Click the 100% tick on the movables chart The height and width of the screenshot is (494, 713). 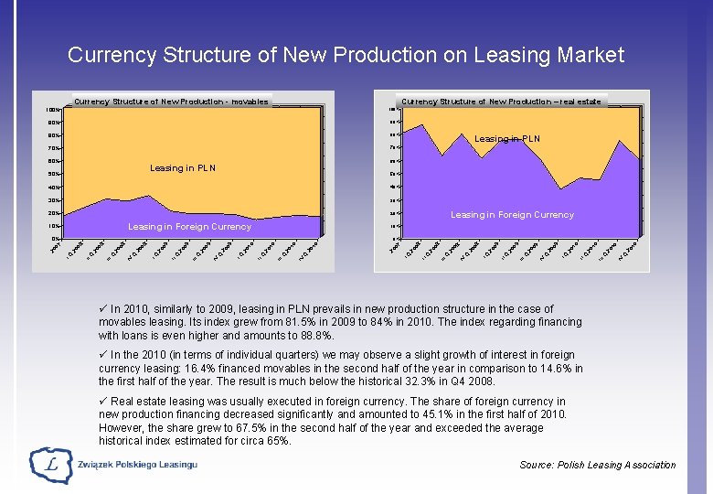click(x=53, y=110)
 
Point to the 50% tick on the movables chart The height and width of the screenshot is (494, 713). click(x=54, y=174)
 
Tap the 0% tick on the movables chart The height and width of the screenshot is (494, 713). click(x=56, y=239)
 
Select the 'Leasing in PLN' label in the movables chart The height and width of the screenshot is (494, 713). click(x=183, y=168)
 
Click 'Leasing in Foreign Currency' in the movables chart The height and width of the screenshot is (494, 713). click(x=189, y=227)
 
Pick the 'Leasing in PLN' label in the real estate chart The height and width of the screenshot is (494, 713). click(x=507, y=139)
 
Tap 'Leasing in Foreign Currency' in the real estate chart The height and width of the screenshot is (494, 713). click(x=512, y=215)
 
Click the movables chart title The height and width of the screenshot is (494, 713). click(x=171, y=102)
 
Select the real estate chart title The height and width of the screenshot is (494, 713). click(x=501, y=102)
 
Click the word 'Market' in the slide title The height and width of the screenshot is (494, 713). click(x=584, y=55)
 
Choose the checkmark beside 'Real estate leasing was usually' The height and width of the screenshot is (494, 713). click(x=102, y=401)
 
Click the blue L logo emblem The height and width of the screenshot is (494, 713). click(x=51, y=466)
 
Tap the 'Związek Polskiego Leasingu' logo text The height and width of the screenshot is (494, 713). click(x=138, y=466)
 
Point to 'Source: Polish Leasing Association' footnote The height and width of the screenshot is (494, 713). click(x=598, y=465)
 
